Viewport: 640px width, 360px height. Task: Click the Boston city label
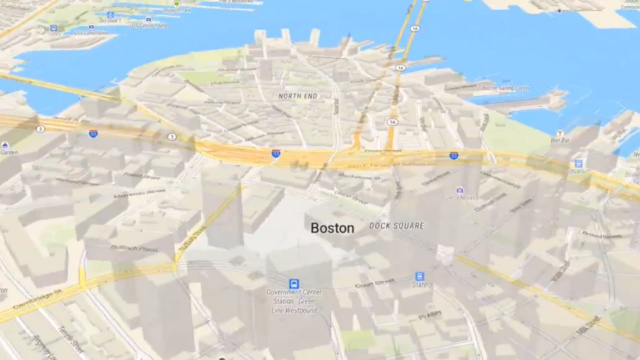(332, 228)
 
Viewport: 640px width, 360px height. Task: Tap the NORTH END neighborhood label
(298, 97)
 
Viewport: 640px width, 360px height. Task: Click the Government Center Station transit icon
(294, 284)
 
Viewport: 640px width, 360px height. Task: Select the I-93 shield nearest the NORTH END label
(275, 154)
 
